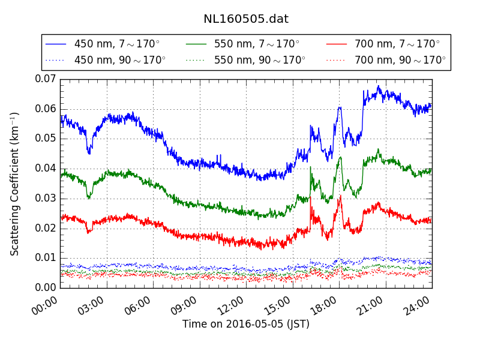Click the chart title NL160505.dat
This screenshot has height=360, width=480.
246,19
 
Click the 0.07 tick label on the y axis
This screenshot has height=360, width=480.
45,79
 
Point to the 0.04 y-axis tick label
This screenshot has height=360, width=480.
45,168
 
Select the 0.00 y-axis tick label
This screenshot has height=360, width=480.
45,287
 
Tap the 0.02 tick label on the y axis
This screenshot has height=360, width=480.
45,228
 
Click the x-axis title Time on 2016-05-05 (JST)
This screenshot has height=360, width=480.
246,324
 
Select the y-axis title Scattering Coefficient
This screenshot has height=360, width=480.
15,183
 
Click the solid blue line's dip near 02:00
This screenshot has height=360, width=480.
89,153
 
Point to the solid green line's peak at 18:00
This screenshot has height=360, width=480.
340,158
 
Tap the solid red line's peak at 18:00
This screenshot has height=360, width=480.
340,196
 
